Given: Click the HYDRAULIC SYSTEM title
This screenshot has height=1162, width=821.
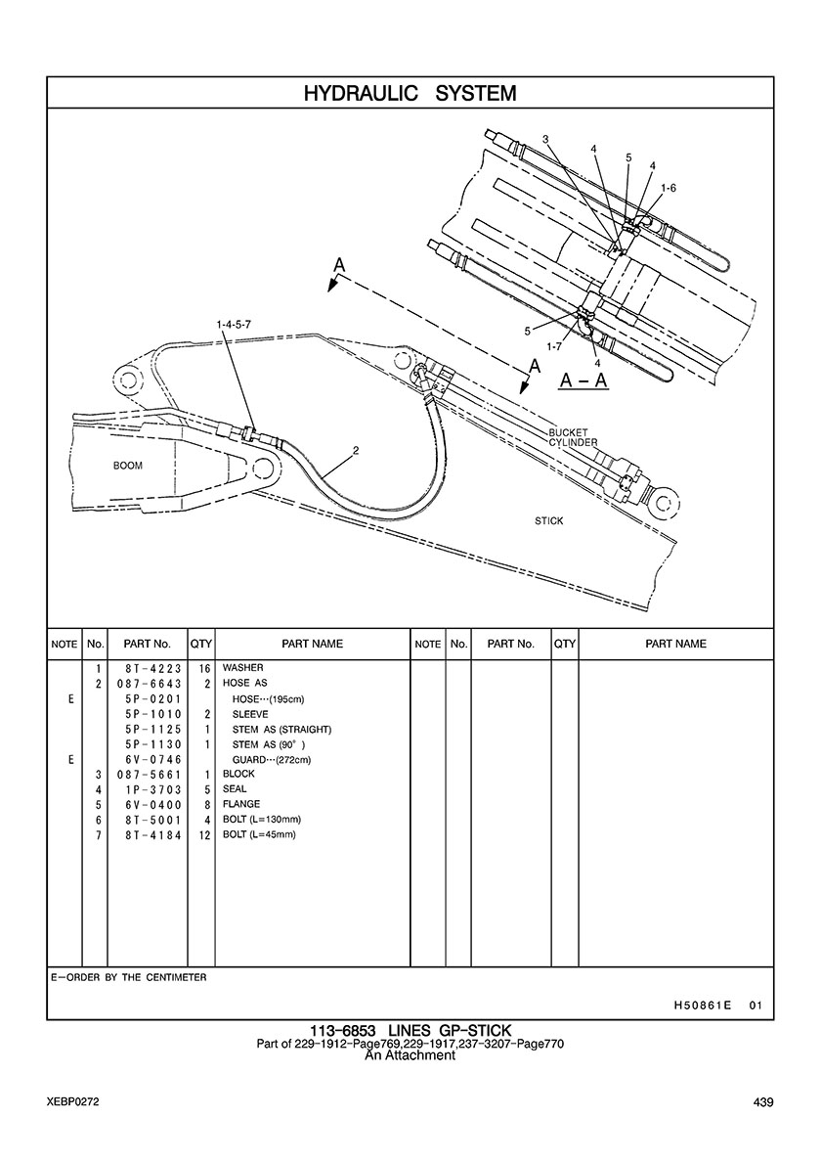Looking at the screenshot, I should [x=410, y=93].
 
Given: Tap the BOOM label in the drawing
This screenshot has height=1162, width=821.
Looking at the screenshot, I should [x=128, y=466].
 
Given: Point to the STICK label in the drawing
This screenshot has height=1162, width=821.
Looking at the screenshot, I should [x=548, y=521].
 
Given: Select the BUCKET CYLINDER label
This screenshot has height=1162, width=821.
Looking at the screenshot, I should [x=573, y=437].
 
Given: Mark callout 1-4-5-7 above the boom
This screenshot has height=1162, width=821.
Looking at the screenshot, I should [x=234, y=323].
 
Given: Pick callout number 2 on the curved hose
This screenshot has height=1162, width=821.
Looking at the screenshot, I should [x=356, y=451].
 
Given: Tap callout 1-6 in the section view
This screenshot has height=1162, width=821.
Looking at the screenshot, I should [x=669, y=187].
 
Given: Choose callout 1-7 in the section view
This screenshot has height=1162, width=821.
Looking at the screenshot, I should [x=553, y=346].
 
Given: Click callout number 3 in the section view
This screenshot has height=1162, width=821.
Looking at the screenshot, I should [x=545, y=139].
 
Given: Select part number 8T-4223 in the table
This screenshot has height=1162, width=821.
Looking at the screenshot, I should [x=148, y=668].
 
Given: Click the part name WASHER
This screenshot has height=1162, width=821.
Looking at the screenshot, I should [x=243, y=668].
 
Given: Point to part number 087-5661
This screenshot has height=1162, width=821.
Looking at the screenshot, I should [x=148, y=774].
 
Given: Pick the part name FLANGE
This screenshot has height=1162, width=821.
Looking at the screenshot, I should [x=241, y=804].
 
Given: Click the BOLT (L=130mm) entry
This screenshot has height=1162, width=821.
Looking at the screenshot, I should [x=262, y=819].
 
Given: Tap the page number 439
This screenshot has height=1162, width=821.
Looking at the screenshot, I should [x=763, y=1102].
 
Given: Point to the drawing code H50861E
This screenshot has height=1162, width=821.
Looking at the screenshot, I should [x=703, y=1005].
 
